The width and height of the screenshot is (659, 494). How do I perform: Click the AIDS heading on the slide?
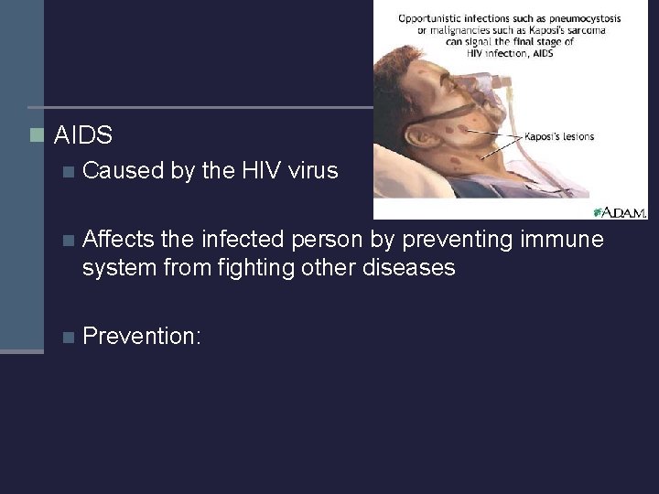tap(83, 136)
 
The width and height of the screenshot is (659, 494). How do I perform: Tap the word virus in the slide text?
tap(314, 170)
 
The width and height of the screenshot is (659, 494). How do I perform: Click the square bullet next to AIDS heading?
tap(36, 135)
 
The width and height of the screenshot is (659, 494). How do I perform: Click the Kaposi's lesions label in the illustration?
tap(558, 137)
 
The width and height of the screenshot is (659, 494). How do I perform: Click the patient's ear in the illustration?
tap(422, 137)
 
